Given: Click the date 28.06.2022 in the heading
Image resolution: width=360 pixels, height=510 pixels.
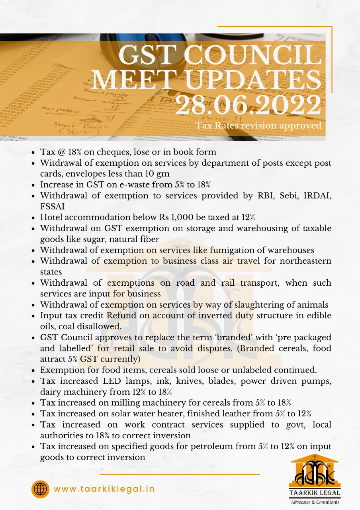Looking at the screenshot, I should point(248,106).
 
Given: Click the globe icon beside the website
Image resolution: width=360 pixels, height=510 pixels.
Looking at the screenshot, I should point(40,489).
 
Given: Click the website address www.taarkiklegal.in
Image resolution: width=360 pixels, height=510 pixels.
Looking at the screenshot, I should point(104,489).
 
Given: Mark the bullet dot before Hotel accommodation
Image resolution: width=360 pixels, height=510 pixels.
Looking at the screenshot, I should point(33,218).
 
